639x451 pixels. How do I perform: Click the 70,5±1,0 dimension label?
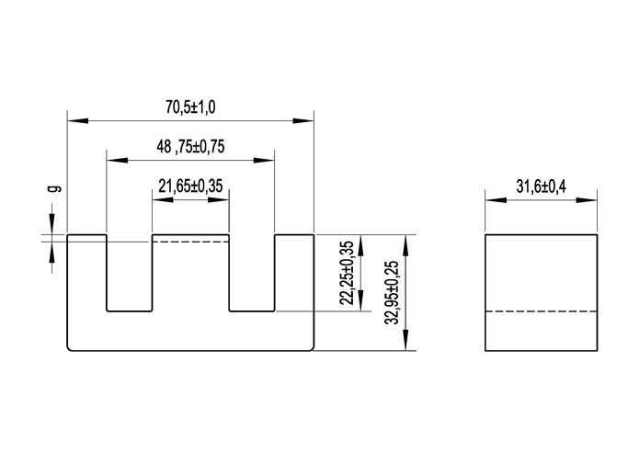coord(190,107)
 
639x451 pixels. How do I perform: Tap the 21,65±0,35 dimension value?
coord(190,186)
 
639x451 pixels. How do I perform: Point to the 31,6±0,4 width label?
coord(541,186)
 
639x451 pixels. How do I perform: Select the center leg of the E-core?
coord(190,276)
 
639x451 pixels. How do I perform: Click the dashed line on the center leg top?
coord(190,242)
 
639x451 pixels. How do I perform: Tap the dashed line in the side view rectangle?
coord(541,312)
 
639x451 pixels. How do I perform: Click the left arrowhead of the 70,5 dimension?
coord(74,120)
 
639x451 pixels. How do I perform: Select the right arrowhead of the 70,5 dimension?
coord(307,120)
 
